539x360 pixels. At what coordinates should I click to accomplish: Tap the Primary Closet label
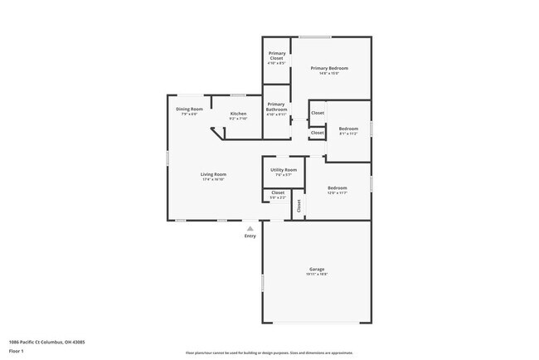[x=277, y=56]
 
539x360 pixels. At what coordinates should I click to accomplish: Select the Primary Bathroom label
[x=277, y=106]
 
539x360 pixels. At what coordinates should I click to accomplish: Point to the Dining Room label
[x=189, y=109]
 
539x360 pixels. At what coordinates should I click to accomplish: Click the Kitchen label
[x=238, y=114]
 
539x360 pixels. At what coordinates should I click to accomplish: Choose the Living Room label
[x=213, y=174]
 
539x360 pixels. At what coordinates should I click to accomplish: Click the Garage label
[x=317, y=270]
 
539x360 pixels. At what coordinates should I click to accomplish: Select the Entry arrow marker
[x=250, y=228]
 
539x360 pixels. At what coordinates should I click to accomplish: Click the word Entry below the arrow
[x=250, y=236]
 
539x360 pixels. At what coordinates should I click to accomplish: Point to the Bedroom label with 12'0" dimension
[x=337, y=188]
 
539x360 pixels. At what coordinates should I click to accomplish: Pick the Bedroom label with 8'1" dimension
[x=348, y=129]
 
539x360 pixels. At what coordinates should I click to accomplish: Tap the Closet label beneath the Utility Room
[x=277, y=192]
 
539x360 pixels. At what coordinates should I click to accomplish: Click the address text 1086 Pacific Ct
[x=46, y=341]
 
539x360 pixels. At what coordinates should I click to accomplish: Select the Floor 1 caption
[x=17, y=351]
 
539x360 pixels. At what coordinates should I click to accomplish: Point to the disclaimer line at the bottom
[x=269, y=353]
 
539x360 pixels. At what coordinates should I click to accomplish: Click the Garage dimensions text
[x=317, y=275]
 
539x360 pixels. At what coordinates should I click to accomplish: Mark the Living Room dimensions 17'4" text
[x=213, y=179]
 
